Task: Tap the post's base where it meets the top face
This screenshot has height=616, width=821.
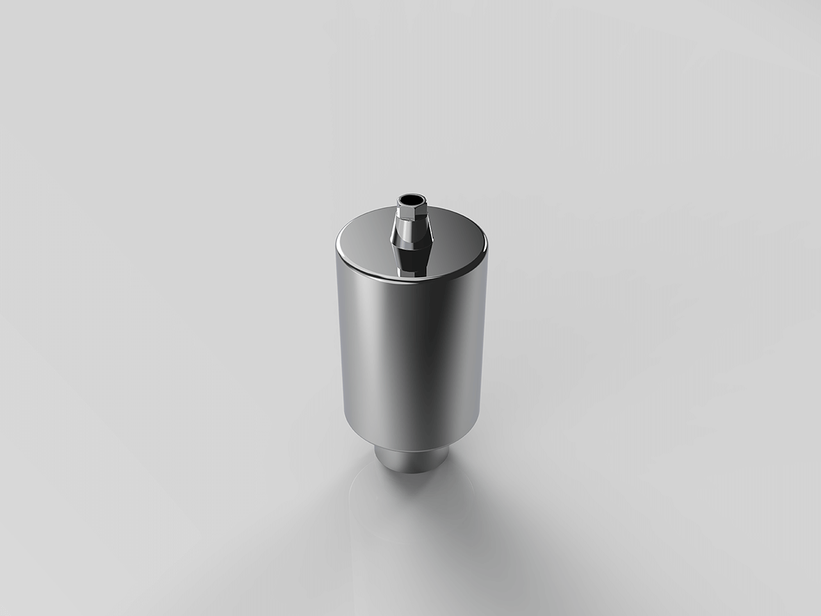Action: tap(411, 272)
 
